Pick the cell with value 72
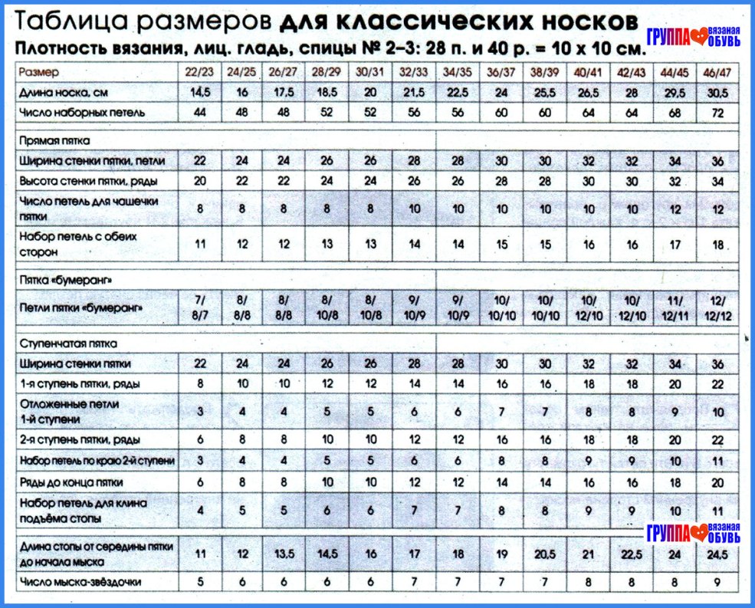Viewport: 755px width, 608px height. point(718,113)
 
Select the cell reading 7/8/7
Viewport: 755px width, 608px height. point(201,308)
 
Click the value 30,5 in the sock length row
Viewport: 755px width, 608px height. point(718,92)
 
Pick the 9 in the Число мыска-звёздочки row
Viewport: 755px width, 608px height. point(718,582)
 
